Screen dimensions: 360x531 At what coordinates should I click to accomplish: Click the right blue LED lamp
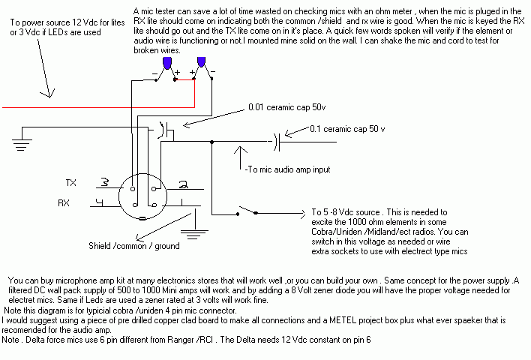[200, 63]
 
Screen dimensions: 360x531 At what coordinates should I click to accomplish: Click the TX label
[72, 183]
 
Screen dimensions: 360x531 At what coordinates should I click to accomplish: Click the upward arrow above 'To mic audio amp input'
[240, 154]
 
